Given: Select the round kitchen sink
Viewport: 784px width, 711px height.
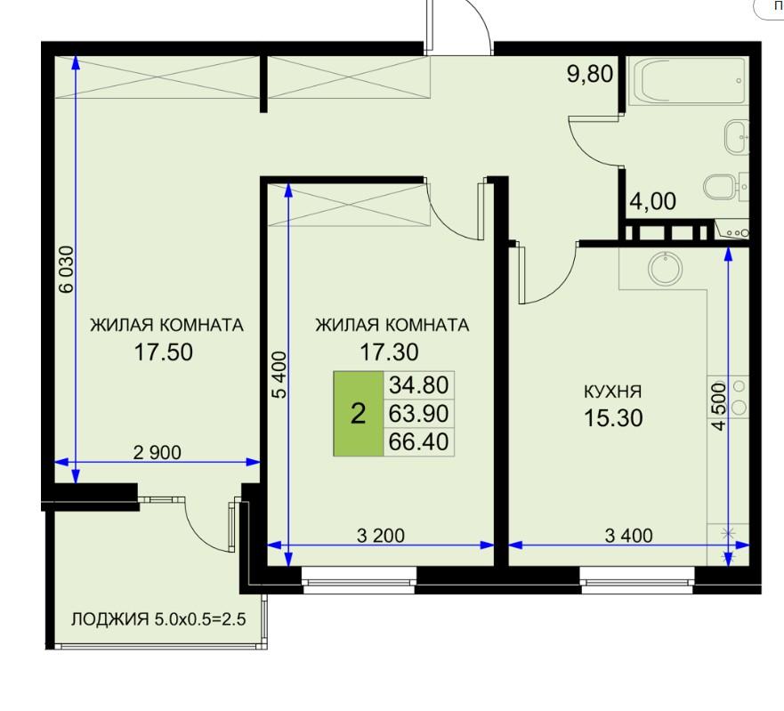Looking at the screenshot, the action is [x=665, y=269].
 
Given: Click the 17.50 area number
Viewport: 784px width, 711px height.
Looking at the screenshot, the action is [x=164, y=352].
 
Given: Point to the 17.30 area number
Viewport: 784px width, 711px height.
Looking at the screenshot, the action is [x=390, y=352].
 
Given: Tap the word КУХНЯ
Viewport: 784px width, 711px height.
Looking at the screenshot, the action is [x=613, y=392].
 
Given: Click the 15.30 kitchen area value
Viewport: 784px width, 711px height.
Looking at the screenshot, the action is [x=613, y=417].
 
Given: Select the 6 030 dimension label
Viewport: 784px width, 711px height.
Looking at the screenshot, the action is [x=66, y=269].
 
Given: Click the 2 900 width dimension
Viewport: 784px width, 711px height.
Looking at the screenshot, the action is [x=158, y=453].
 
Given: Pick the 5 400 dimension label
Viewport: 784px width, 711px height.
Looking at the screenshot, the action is [x=280, y=375].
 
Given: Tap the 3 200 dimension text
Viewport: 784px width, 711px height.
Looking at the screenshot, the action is [x=381, y=536].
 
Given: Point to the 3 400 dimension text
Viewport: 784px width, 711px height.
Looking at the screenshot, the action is [x=629, y=536].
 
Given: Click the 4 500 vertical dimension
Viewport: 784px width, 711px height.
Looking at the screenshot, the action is [x=718, y=406].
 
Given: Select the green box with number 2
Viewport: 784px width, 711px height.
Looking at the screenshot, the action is [x=359, y=414].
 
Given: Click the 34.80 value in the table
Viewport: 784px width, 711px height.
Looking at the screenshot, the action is [x=419, y=385].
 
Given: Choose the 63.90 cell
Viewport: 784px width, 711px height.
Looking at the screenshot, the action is [x=419, y=414].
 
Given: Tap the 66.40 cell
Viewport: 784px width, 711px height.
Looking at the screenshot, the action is [x=419, y=442].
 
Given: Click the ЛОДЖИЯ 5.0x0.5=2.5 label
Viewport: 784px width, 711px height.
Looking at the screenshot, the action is [x=158, y=619].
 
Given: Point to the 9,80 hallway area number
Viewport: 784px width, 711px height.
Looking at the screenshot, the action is [x=590, y=74].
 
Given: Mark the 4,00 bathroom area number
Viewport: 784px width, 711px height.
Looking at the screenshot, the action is [x=653, y=201].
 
